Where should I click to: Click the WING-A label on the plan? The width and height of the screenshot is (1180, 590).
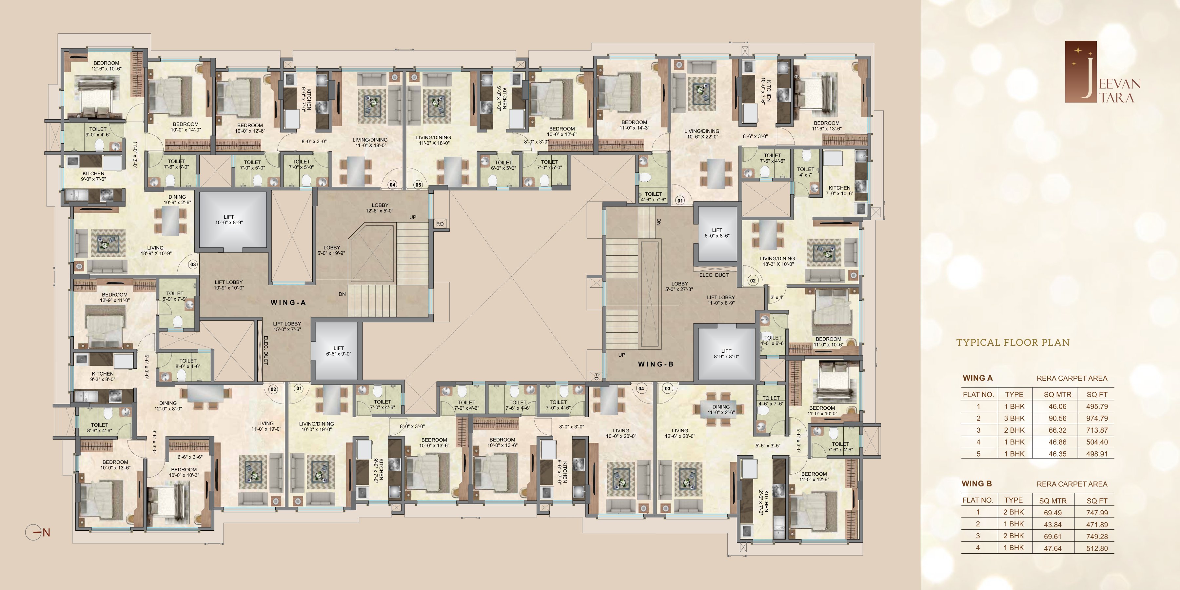coord(288,302)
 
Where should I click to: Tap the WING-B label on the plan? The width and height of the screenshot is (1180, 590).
coord(656,364)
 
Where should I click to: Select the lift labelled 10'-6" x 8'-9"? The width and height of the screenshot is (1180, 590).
coord(233,221)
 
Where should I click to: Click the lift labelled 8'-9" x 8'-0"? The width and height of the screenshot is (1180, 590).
coord(726,354)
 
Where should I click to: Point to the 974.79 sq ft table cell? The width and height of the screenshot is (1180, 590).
coord(1097,418)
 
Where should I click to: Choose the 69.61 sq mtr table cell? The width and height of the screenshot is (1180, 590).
coord(1052,536)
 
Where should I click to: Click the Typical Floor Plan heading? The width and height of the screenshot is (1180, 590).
coord(1013,342)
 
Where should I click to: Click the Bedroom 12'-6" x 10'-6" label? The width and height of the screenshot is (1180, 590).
coord(106,66)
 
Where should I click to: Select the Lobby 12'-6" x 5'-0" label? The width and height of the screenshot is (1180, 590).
coord(380,208)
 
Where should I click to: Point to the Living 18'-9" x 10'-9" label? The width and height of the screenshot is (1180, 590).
coord(155,250)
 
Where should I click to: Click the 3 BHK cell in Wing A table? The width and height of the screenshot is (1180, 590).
coord(1014,418)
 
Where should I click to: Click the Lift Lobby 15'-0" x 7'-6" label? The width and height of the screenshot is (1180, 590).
coord(287,326)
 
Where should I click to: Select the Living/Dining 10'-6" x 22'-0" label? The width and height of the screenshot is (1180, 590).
coord(702,134)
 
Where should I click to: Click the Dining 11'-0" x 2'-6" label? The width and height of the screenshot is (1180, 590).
coord(721,409)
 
